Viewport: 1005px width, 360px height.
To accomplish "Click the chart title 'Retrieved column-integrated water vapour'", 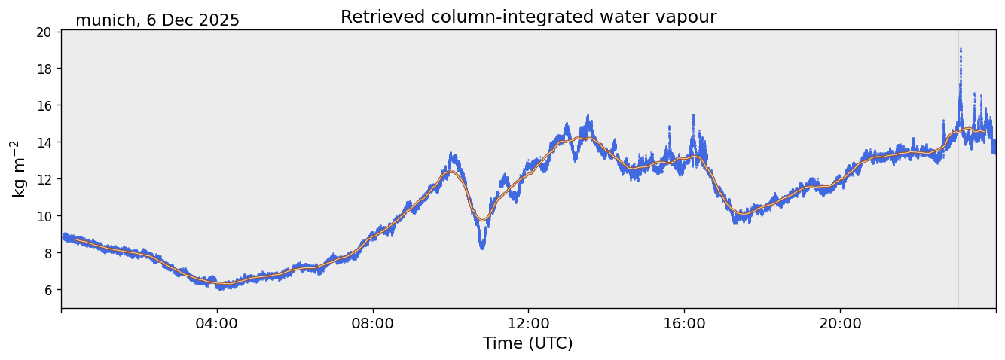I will point(528,17).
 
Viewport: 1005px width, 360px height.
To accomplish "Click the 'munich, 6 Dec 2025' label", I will point(157,20).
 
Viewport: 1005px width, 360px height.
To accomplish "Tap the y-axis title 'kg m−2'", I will point(18,169).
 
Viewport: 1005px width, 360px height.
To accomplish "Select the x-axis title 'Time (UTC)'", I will point(528,343).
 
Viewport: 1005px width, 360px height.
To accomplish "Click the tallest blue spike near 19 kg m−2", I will point(961,50).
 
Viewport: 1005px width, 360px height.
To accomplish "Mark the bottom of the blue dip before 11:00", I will point(482,247).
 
